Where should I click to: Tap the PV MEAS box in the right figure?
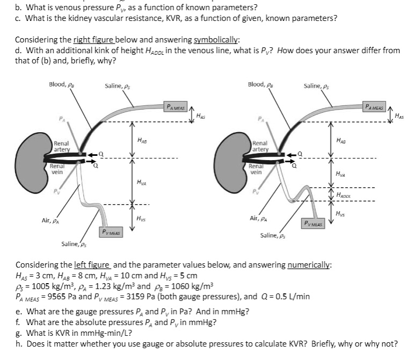pyautogui.click(x=314, y=224)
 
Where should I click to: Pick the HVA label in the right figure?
pyautogui.click(x=340, y=174)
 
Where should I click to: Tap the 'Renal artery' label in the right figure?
pyautogui.click(x=260, y=147)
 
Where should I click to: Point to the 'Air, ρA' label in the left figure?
pyautogui.click(x=51, y=220)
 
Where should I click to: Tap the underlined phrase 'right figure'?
pyautogui.click(x=89, y=40)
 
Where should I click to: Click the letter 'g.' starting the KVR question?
pyautogui.click(x=19, y=333)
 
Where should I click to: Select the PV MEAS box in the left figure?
pyautogui.click(x=111, y=232)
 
